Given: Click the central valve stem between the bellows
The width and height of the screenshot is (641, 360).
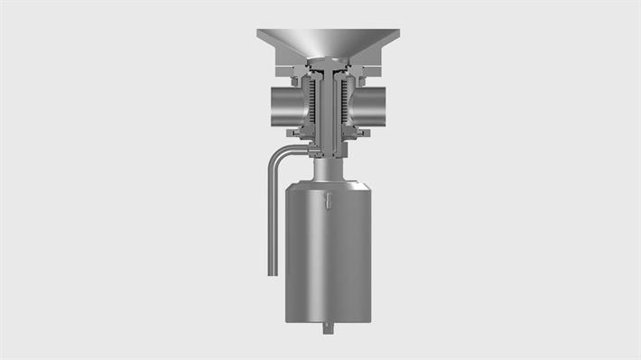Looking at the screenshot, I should [329, 104].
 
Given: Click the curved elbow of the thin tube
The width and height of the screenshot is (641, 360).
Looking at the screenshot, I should [276, 152].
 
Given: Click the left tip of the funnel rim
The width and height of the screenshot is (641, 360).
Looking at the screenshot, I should [258, 32].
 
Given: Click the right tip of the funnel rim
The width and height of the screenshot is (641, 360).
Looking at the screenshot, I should [400, 32].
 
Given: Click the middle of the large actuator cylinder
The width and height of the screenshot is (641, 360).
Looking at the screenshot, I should [328, 253].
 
